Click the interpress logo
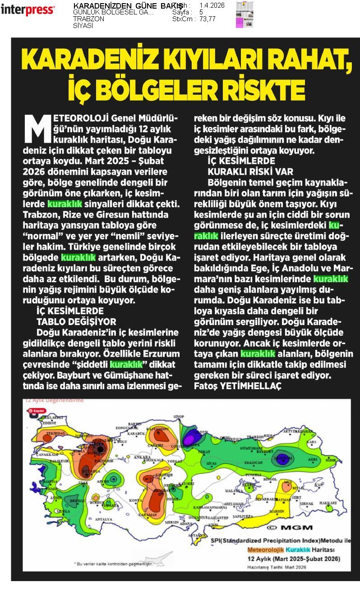coord(28,9)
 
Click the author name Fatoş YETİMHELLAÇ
coord(237,386)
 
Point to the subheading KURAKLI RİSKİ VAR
coord(250,172)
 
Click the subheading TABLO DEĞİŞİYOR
coord(76,321)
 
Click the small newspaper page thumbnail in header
coord(244,14)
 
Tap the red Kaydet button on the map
coord(37,411)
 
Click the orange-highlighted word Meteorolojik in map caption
coord(266,550)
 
